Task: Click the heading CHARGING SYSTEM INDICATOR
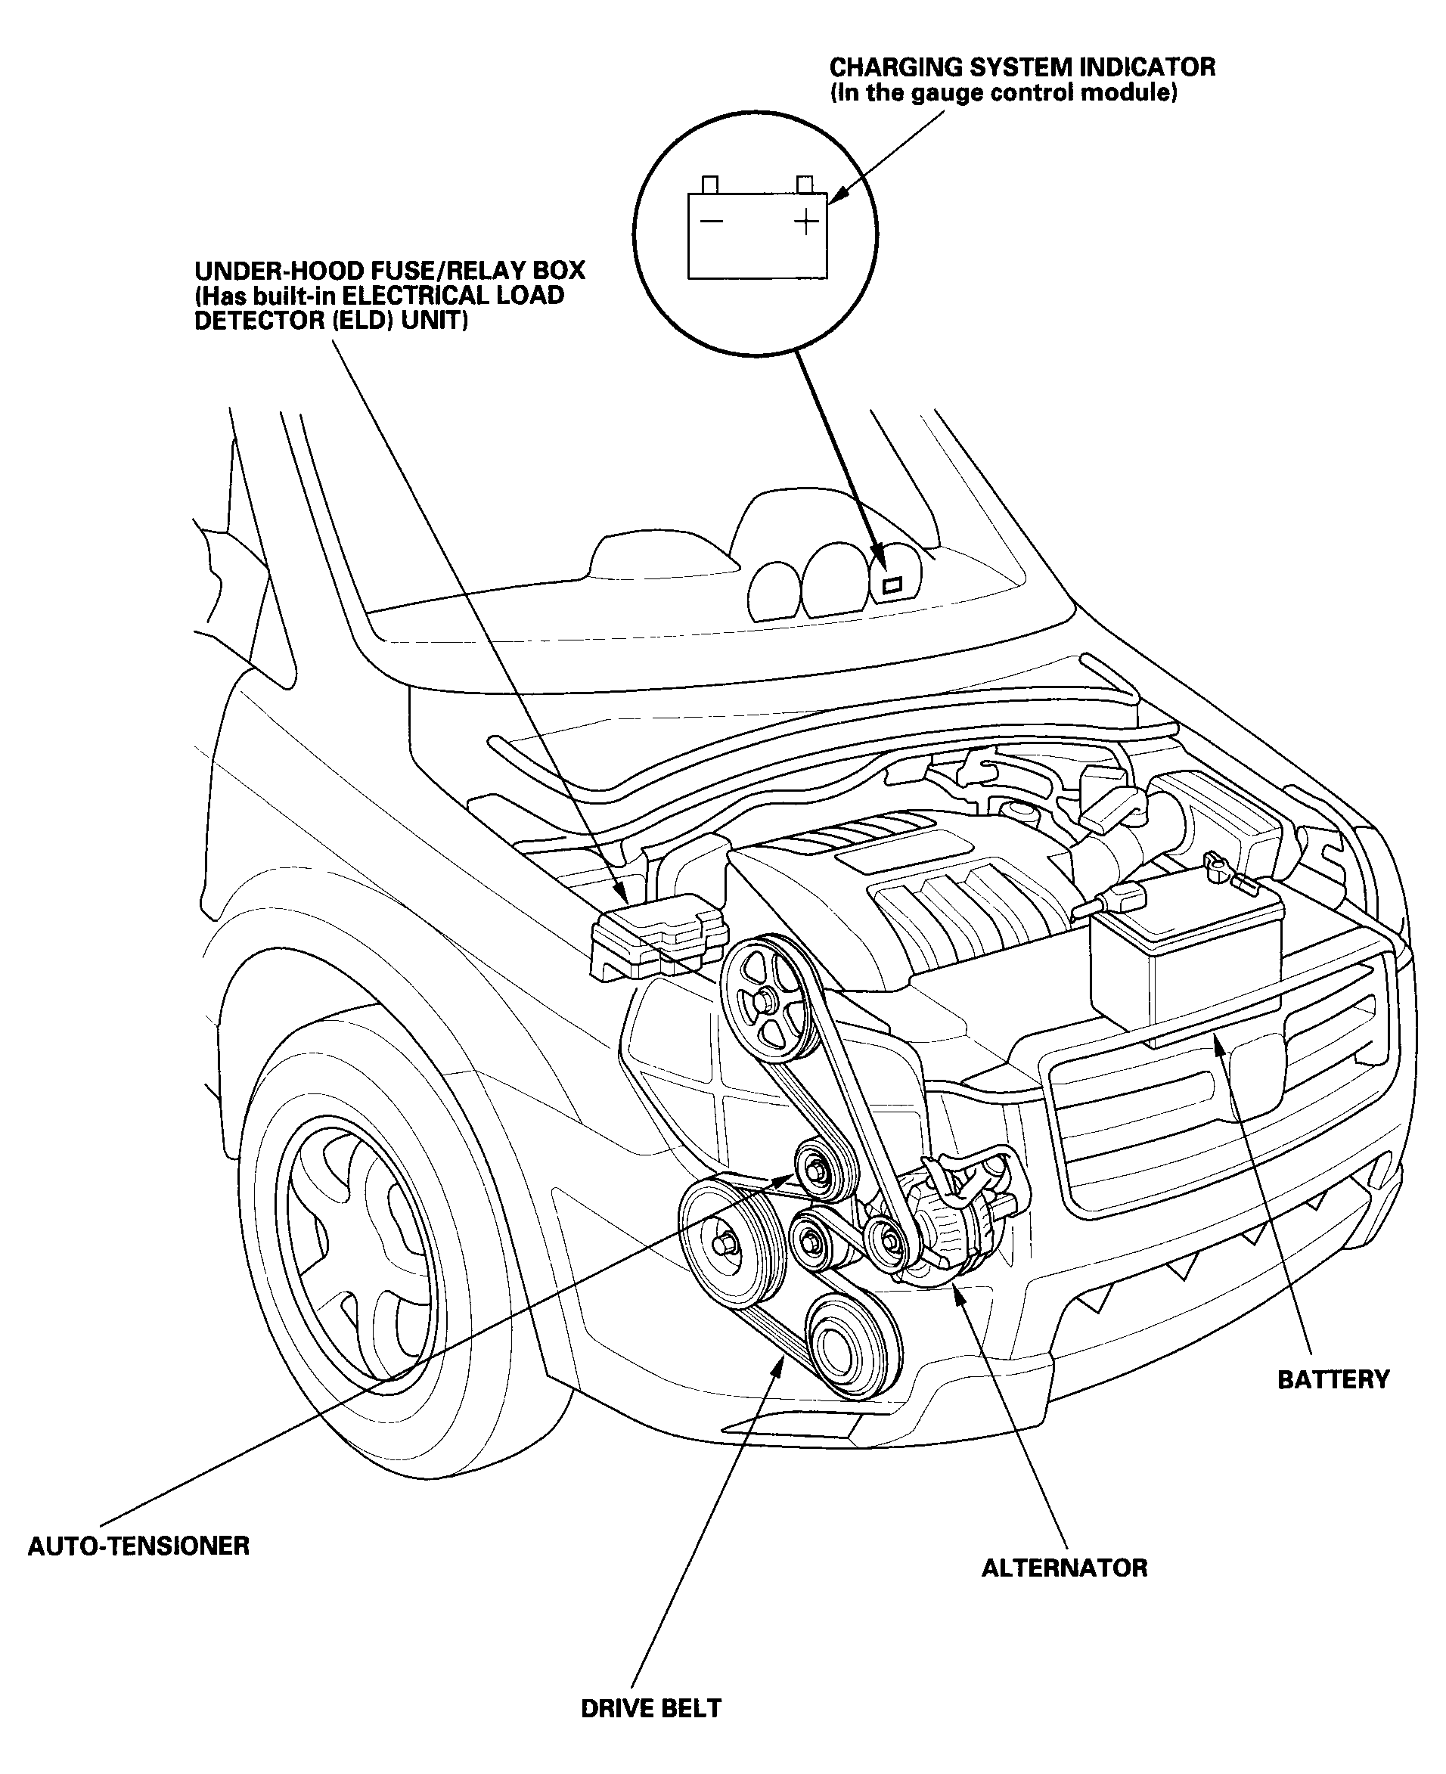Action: (x=1022, y=67)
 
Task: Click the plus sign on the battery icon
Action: (x=805, y=222)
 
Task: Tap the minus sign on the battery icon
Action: (x=712, y=222)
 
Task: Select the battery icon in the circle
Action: (x=757, y=228)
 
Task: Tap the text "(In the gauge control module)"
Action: (x=1003, y=92)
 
